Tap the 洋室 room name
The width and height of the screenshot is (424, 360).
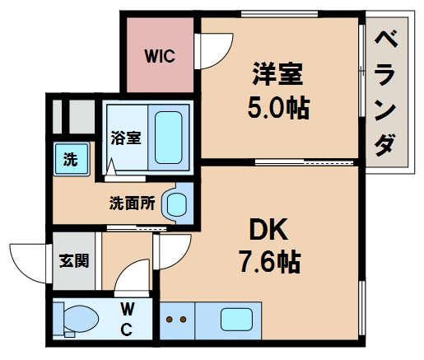[278, 75]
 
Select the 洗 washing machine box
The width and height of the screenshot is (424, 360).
[70, 160]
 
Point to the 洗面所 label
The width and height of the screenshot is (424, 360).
[132, 203]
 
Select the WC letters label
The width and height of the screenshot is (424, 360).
[128, 320]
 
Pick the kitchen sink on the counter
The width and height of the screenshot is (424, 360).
[236, 318]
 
